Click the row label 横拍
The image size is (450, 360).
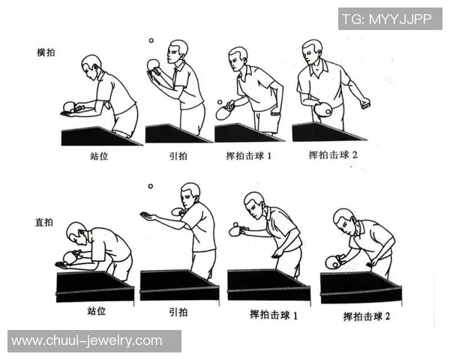pyautogui.click(x=45, y=53)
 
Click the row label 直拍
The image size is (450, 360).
pyautogui.click(x=45, y=223)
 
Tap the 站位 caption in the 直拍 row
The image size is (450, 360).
pyautogui.click(x=96, y=311)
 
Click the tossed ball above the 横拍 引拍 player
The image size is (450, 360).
pyautogui.click(x=151, y=41)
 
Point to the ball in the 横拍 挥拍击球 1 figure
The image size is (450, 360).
pyautogui.click(x=219, y=102)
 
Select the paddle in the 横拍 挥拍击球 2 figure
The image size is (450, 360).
pyautogui.click(x=323, y=110)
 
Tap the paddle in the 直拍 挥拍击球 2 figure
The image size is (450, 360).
pyautogui.click(x=332, y=262)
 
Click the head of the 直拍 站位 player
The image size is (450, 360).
pyautogui.click(x=76, y=232)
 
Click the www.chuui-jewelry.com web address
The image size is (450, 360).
pyautogui.click(x=87, y=340)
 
